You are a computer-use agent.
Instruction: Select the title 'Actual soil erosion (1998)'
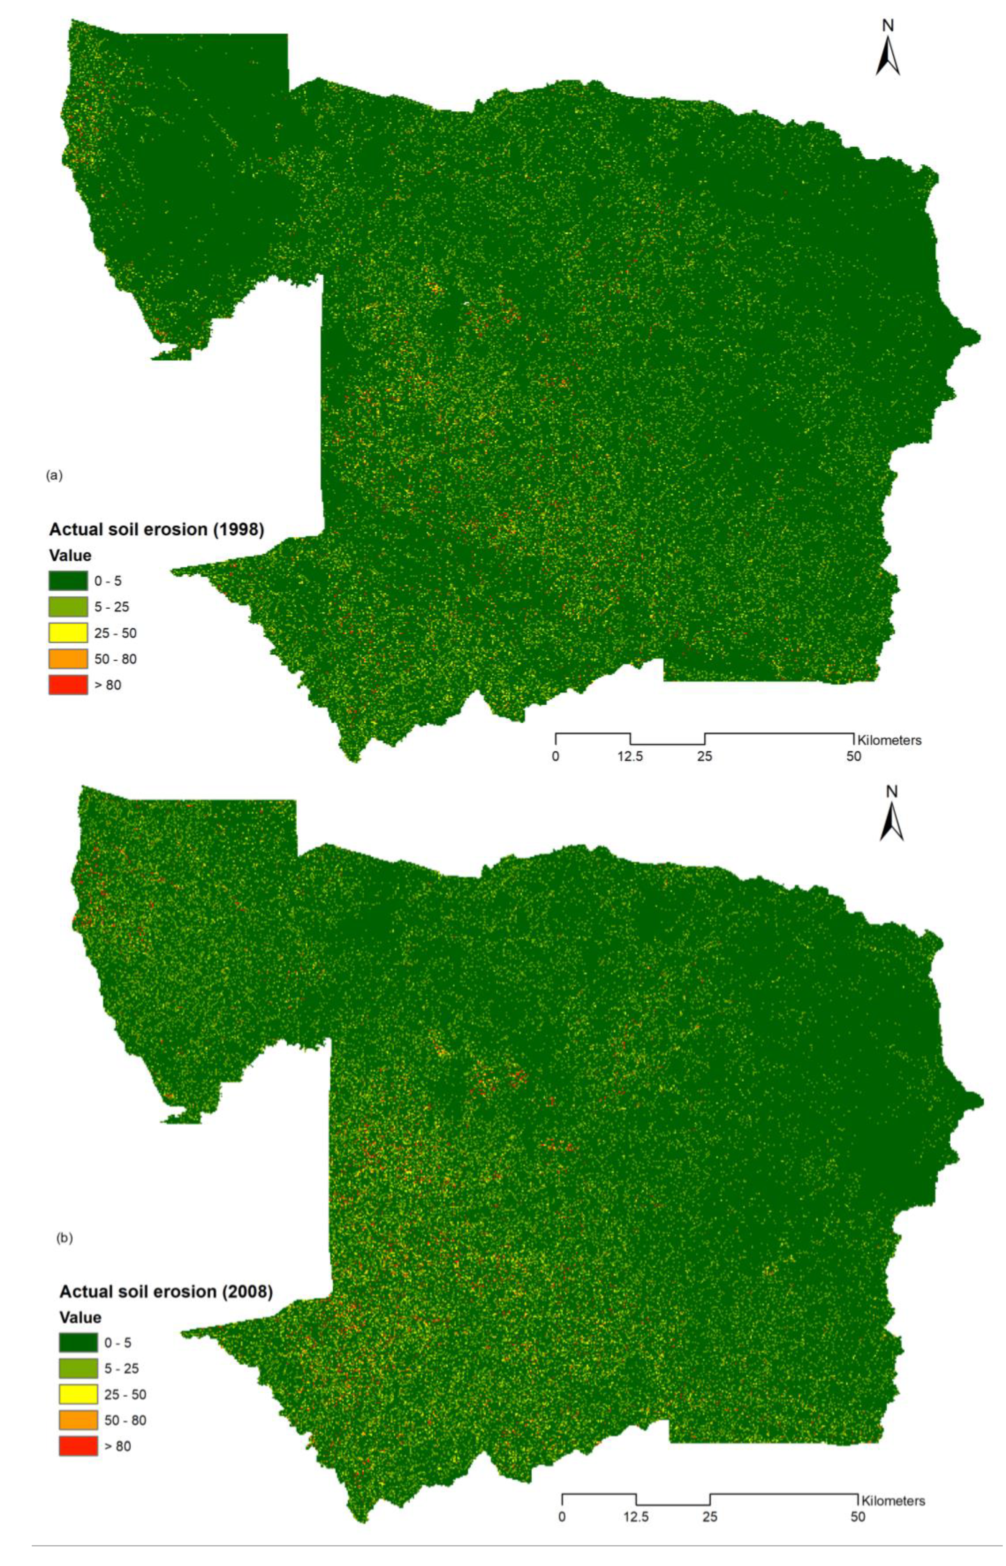(157, 530)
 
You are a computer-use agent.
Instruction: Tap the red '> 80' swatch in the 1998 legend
(68, 685)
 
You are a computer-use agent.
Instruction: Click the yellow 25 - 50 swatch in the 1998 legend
(68, 633)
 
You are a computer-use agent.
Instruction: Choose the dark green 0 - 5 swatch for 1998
(68, 581)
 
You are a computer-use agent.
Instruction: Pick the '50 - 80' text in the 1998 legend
(116, 659)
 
